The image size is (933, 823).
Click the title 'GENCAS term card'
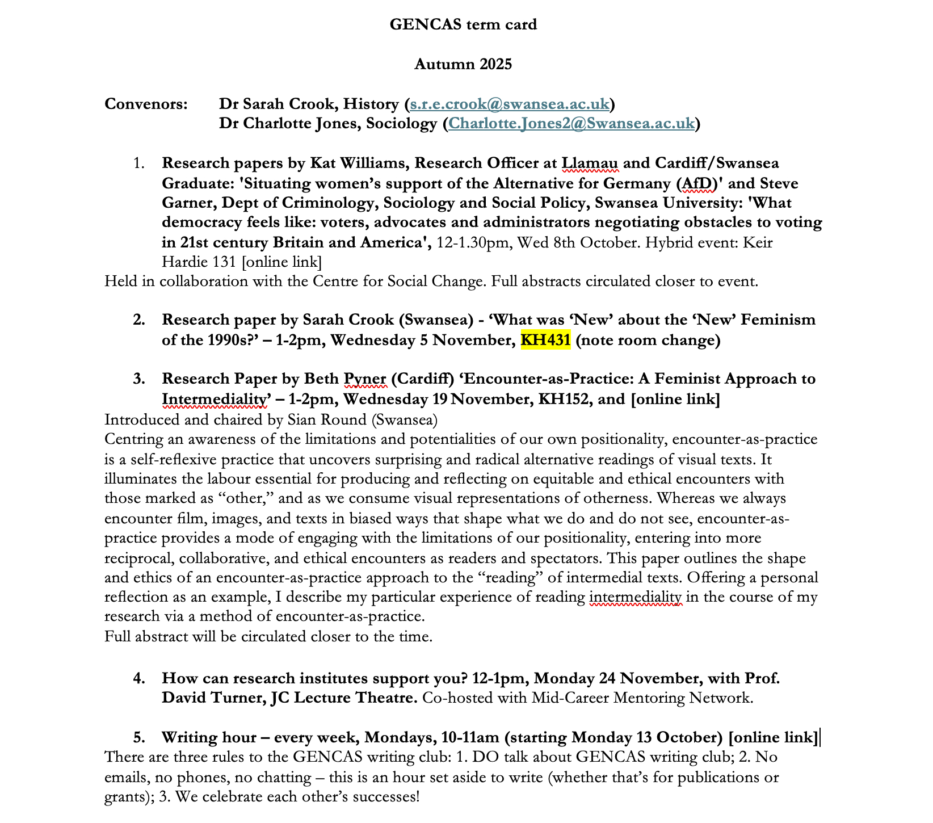point(463,24)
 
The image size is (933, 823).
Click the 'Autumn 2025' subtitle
point(463,64)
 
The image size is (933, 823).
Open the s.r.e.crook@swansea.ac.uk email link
point(510,104)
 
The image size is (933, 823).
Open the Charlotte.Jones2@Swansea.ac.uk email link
point(571,123)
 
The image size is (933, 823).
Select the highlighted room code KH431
point(545,340)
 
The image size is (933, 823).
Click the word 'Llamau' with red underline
point(590,163)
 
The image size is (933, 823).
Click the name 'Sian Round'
point(323,419)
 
